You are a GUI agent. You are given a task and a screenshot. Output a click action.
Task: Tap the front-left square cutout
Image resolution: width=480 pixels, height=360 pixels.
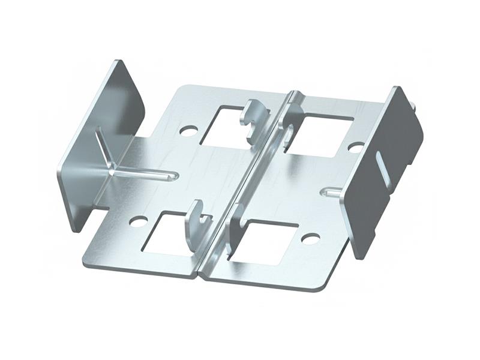click(x=166, y=234)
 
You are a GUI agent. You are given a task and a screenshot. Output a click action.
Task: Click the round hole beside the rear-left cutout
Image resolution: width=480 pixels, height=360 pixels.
click(x=188, y=130)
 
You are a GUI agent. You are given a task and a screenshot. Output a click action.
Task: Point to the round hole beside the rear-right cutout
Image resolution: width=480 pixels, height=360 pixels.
click(x=355, y=147)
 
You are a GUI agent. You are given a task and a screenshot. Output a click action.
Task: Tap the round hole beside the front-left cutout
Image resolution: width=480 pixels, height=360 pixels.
click(x=138, y=221)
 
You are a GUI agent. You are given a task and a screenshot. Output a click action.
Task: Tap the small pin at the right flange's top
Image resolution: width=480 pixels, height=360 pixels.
click(x=413, y=107)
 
